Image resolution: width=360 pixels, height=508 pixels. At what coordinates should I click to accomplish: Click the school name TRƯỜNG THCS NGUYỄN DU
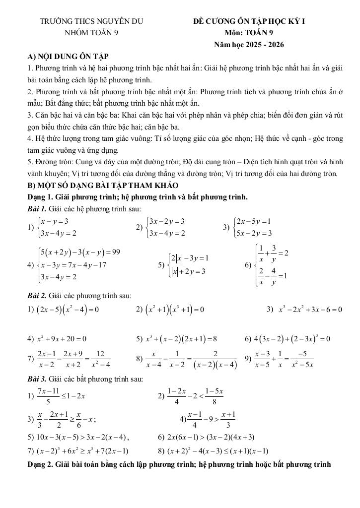(x=91, y=22)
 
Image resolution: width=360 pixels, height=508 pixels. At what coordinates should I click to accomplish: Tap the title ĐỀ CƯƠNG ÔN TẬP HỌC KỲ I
(x=249, y=22)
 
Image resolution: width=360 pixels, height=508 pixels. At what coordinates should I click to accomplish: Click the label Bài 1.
(x=36, y=209)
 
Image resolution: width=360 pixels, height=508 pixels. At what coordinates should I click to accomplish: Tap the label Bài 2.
(x=36, y=296)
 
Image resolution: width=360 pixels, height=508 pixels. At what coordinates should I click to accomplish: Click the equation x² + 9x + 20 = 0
(x=62, y=339)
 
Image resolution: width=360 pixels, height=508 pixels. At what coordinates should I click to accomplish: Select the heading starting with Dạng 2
(x=179, y=464)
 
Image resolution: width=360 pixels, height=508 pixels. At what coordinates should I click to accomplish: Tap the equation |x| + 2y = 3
(x=188, y=271)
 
